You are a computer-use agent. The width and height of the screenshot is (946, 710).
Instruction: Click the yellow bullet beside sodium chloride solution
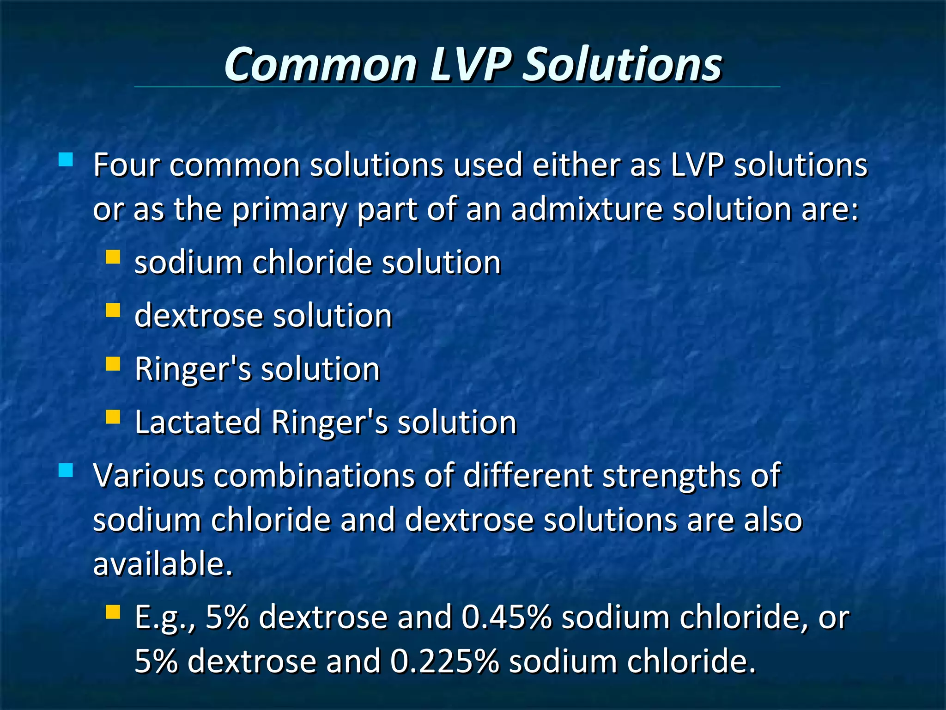click(113, 257)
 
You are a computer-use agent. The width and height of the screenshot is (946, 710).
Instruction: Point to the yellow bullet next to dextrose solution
click(113, 310)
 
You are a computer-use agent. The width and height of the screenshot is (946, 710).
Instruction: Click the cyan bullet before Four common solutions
click(66, 160)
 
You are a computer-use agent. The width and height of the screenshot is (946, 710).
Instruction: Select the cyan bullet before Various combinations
click(66, 470)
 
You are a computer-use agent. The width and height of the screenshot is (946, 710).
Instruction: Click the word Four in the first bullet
click(126, 165)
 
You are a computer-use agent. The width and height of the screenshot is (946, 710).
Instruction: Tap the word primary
click(290, 210)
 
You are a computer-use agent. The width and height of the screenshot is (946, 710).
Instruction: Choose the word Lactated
click(198, 422)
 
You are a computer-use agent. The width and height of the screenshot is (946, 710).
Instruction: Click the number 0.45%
click(506, 617)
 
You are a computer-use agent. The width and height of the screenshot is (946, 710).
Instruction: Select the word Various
click(148, 476)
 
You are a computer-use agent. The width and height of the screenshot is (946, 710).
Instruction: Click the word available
click(162, 564)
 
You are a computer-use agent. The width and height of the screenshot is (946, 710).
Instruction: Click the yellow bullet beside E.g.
click(113, 612)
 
